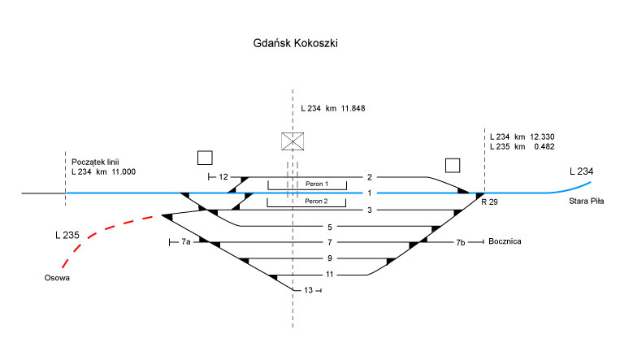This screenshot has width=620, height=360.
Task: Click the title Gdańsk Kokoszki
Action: [295, 43]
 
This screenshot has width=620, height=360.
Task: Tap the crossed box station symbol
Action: [293, 141]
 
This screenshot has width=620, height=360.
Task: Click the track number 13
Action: [308, 290]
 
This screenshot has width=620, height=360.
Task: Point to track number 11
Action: [330, 275]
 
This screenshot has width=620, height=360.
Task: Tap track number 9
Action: [330, 258]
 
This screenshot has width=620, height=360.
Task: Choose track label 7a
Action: [186, 242]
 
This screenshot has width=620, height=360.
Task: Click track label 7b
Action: [460, 242]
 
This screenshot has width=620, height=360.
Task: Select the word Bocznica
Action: [505, 242]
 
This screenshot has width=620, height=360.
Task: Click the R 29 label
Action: [489, 201]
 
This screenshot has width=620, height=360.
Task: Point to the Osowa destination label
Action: [57, 279]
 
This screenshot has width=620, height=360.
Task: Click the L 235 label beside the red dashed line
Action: [67, 236]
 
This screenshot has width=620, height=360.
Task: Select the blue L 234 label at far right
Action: [582, 171]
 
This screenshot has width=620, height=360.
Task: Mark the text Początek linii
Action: [96, 161]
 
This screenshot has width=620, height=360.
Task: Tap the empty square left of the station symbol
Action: [206, 158]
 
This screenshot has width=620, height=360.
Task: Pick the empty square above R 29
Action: [453, 165]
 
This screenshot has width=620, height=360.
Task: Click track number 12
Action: [223, 176]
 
